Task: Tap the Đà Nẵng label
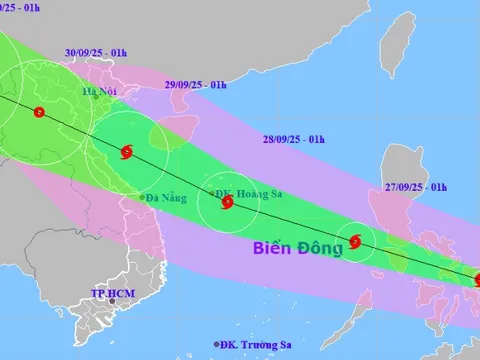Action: [x=166, y=198]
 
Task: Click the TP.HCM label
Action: [x=113, y=294]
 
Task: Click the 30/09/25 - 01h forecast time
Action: [x=95, y=51]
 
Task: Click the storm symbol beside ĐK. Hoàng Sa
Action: [x=227, y=204]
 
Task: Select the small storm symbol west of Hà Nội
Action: [x=39, y=112]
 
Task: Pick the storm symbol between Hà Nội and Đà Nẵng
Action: [x=126, y=153]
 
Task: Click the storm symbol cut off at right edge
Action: [x=475, y=280]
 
